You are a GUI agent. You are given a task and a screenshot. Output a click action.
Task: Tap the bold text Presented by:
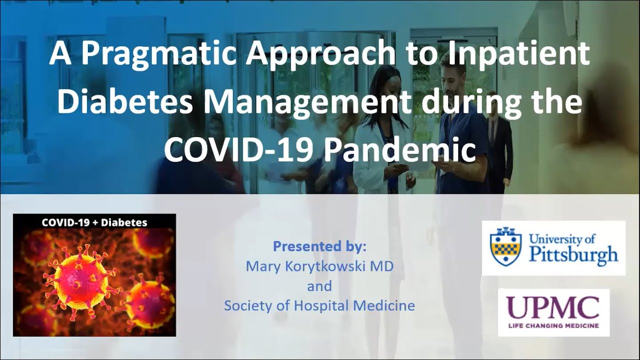coord(319,246)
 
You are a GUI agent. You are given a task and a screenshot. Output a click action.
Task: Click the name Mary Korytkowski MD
coord(319,266)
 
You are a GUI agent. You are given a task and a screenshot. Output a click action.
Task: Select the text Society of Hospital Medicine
coord(319,305)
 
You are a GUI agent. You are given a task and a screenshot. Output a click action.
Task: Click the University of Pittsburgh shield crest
coord(506,247)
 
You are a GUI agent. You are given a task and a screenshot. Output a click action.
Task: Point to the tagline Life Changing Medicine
coord(553,325)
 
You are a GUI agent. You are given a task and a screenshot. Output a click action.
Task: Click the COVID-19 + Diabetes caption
coord(94,222)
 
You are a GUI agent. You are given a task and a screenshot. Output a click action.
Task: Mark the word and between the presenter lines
coord(319,286)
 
